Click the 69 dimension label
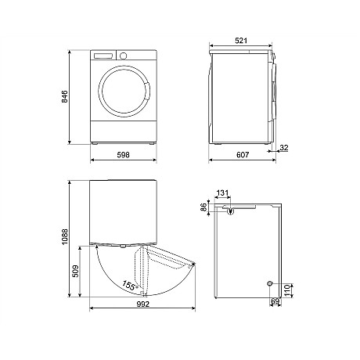click(x=275, y=301)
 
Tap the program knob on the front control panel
click(x=122, y=56)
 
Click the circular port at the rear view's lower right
click(x=270, y=283)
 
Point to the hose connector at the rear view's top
click(x=232, y=209)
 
